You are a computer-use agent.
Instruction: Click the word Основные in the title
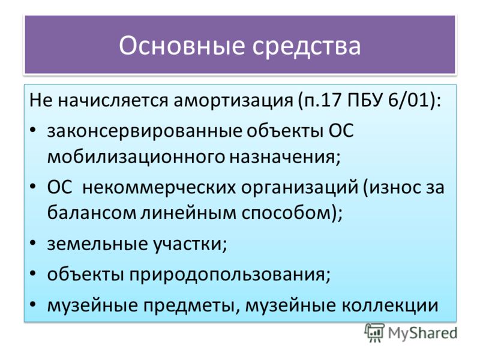(182, 46)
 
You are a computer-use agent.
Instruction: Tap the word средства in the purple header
(307, 46)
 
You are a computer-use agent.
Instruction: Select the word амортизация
(233, 100)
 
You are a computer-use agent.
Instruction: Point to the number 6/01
(408, 100)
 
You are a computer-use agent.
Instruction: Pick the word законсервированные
(145, 131)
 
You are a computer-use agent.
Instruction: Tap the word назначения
(285, 157)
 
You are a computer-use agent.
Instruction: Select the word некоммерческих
(159, 187)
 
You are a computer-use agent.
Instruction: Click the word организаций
(299, 187)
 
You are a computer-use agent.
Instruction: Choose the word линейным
(188, 213)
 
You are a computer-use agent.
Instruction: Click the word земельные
(97, 244)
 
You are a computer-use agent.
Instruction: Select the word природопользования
(230, 275)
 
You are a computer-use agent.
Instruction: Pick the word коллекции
(390, 305)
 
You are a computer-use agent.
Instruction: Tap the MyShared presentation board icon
(374, 332)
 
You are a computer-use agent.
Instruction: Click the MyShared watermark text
(423, 333)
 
